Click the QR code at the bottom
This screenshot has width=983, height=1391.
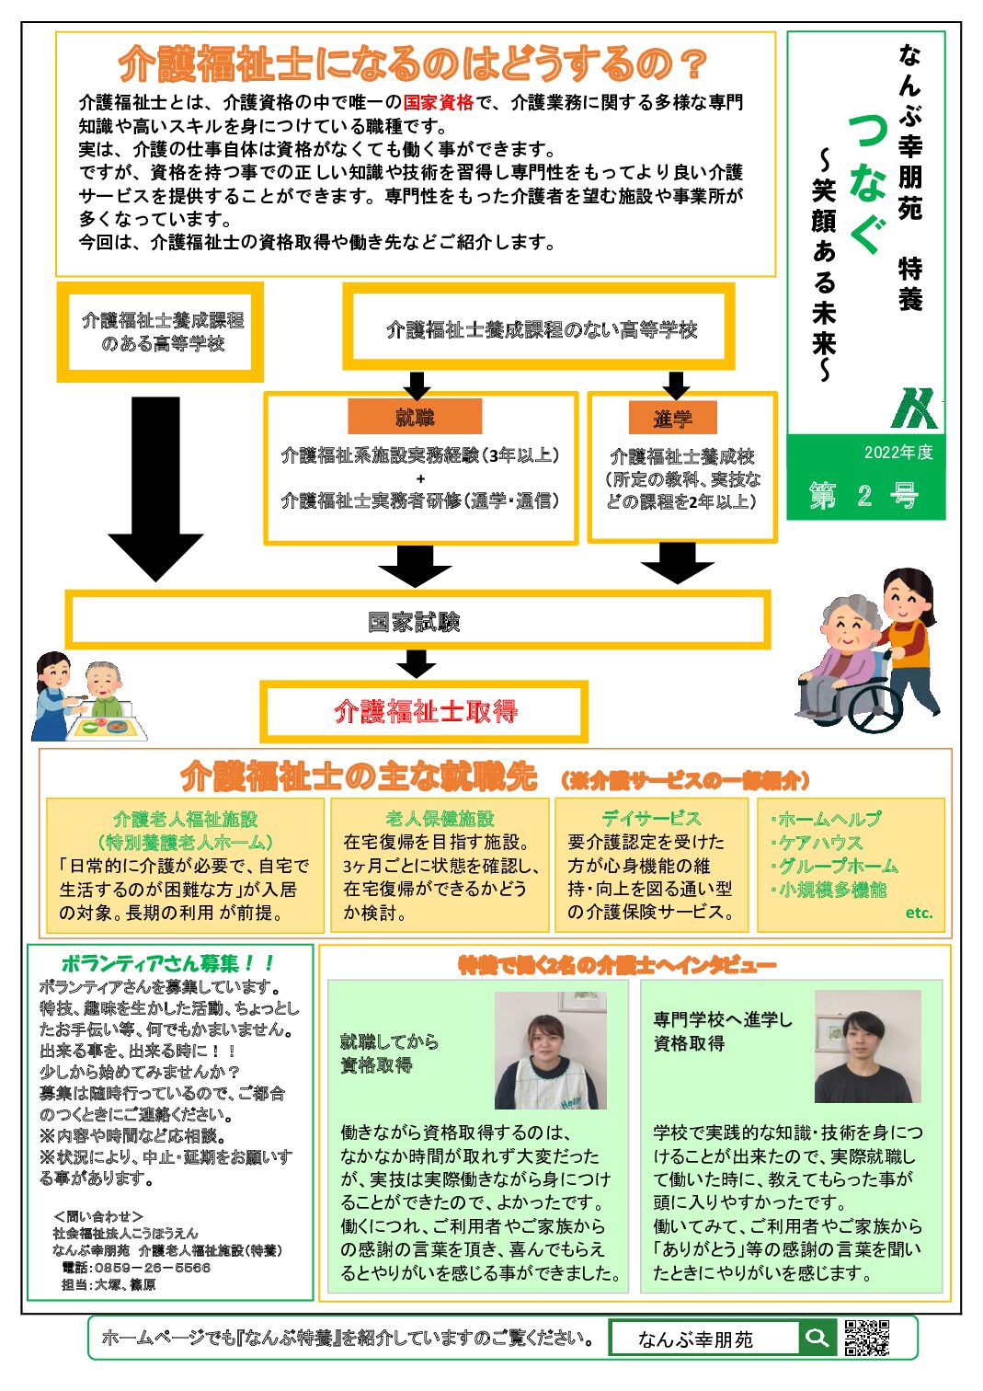(866, 1338)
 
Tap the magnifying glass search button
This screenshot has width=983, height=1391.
(816, 1338)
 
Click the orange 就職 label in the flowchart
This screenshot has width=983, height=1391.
(415, 418)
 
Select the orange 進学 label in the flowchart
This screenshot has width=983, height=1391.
(672, 419)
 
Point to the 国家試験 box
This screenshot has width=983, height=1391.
(416, 622)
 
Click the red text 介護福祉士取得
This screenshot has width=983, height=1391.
(425, 711)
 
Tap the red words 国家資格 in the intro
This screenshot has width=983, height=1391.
(438, 102)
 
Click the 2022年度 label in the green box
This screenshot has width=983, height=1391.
(897, 453)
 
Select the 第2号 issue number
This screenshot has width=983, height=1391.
(863, 496)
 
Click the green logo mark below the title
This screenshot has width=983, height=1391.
(915, 408)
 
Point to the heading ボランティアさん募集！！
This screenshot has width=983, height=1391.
(167, 963)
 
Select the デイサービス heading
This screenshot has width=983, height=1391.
(651, 818)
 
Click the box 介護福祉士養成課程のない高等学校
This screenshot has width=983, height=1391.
(541, 329)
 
